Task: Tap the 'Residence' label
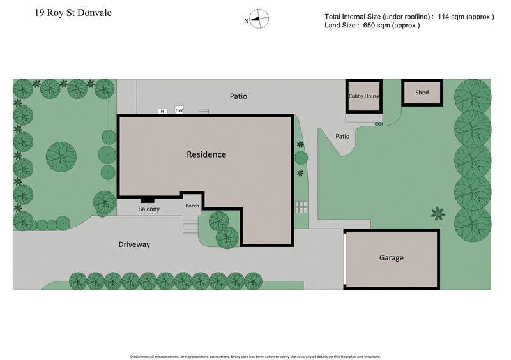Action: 206,154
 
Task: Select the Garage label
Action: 392,258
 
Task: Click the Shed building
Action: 422,93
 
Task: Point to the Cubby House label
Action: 364,96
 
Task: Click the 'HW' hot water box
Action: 179,109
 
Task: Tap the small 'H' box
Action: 162,111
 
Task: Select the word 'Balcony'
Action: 149,209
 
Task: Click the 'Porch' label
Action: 192,206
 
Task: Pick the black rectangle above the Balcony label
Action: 147,199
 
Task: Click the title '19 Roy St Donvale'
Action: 73,12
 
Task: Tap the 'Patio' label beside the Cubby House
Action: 342,136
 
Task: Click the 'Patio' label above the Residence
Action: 238,96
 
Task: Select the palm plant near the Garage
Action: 438,213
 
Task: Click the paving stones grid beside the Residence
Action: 301,207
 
